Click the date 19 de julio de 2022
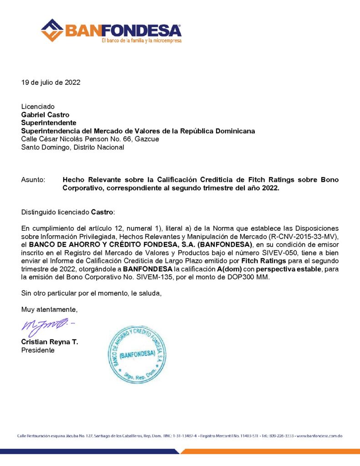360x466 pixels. coord(51,82)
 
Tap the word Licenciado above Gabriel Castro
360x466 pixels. coord(38,106)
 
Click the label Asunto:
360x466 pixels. coord(33,180)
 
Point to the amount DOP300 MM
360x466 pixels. coord(248,278)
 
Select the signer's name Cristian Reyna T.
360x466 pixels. coord(50,342)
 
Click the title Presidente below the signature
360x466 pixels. coord(38,350)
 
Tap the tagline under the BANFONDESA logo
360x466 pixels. coord(141,41)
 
